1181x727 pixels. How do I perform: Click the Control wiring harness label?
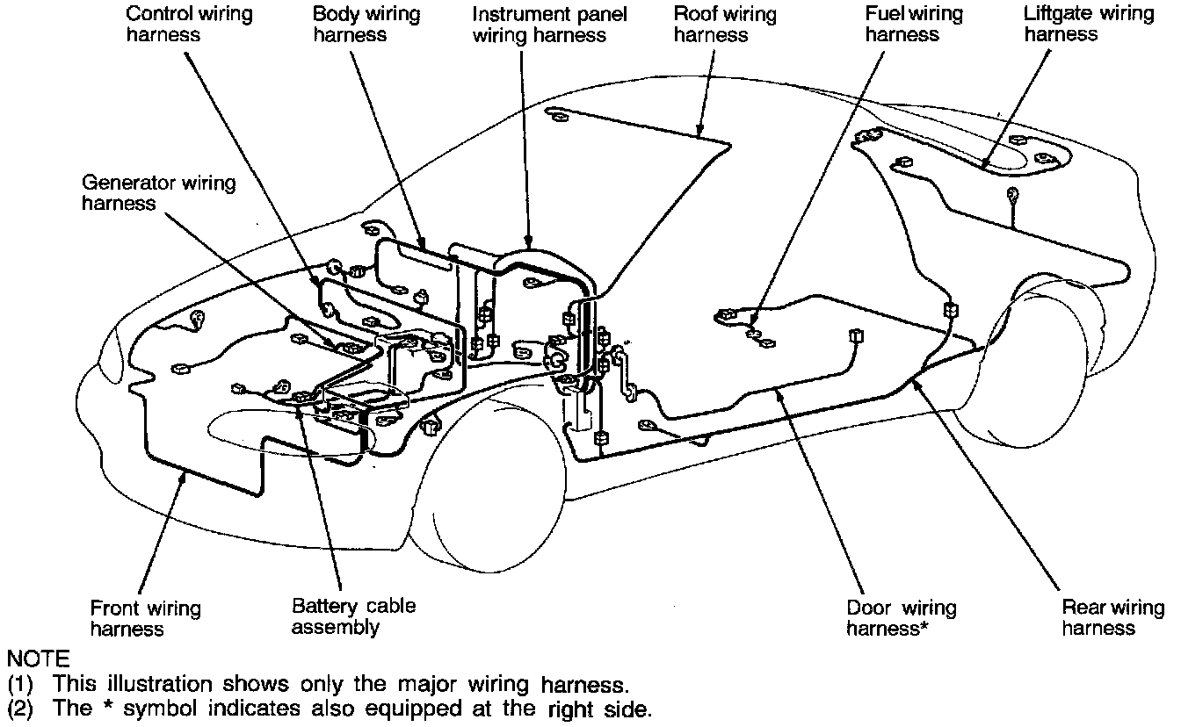coord(177,25)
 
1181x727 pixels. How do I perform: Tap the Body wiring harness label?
coord(366,25)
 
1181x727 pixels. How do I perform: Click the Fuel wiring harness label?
coord(914,25)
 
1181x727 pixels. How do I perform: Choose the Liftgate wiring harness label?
coord(1088,25)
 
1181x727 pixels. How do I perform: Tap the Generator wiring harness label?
coord(158,193)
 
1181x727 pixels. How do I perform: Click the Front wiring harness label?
coord(145,618)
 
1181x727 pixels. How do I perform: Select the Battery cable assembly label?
coord(353,616)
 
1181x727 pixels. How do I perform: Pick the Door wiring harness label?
coord(900,618)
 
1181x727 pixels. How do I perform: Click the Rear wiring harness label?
coord(1112,617)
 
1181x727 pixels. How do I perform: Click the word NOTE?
coord(36,658)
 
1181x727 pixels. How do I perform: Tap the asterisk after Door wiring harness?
coord(924,627)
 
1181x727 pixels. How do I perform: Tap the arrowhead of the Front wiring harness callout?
coord(185,477)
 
